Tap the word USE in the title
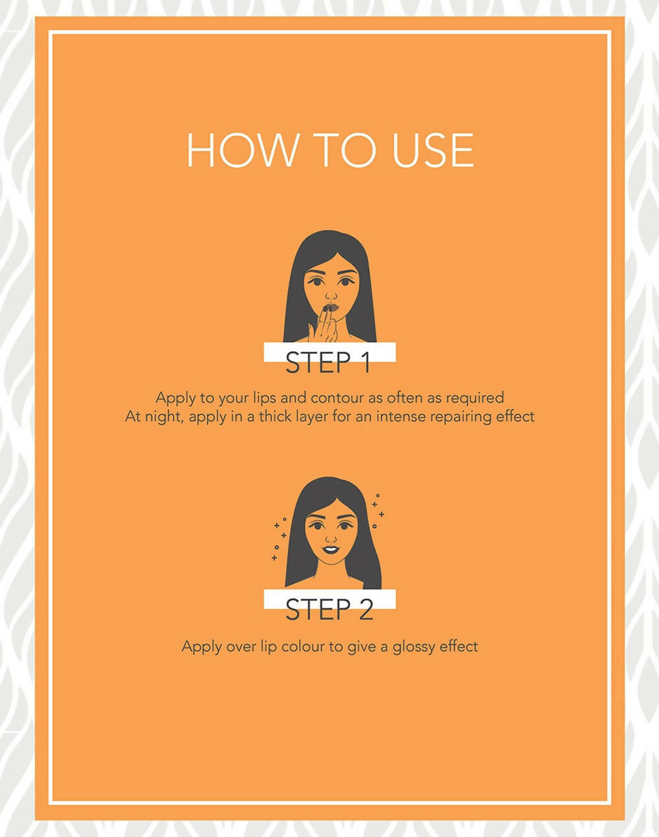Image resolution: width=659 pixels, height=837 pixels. (433, 150)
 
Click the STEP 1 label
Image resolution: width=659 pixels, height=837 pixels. (328, 362)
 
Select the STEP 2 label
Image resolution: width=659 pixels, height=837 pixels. (329, 609)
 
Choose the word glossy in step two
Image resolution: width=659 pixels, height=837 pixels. (414, 648)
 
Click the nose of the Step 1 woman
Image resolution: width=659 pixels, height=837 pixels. (331, 296)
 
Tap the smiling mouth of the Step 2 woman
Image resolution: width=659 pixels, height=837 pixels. (330, 549)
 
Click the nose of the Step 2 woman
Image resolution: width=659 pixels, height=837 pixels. (331, 538)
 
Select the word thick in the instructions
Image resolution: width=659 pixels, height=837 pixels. (275, 417)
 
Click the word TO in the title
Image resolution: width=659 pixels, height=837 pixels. (345, 150)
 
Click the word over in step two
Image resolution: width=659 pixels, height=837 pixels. (241, 648)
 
